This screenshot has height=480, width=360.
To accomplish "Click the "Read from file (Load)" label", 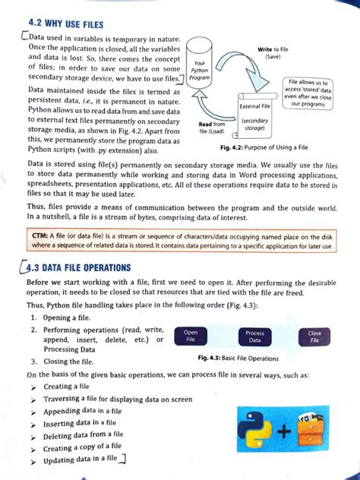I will pyautogui.click(x=212, y=127).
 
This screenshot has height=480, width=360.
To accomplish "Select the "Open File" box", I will pyautogui.click(x=191, y=336).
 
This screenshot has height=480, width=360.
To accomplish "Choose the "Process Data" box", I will pyautogui.click(x=254, y=337).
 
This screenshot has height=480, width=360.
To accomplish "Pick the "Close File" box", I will pyautogui.click(x=314, y=336).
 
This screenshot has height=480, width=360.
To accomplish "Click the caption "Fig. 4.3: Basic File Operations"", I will pyautogui.click(x=238, y=358).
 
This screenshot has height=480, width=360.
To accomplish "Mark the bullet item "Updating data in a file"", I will pyautogui.click(x=84, y=459).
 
